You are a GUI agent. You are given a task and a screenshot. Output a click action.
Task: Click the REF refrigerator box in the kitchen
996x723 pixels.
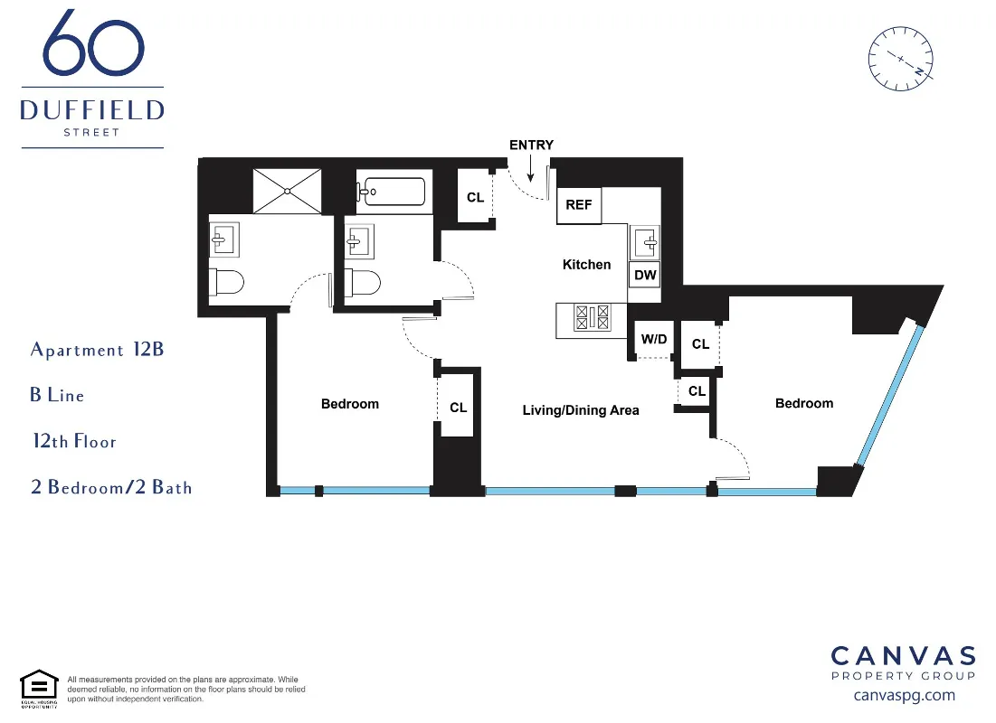[x=579, y=205]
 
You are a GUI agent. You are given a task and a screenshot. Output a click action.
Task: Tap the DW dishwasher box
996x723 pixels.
[x=645, y=275]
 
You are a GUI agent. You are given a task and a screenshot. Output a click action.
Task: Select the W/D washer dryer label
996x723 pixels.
[x=654, y=340]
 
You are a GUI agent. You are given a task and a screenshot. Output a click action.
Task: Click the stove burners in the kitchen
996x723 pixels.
[x=593, y=317]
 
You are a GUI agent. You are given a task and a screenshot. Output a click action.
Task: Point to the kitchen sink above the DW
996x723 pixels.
[x=646, y=241]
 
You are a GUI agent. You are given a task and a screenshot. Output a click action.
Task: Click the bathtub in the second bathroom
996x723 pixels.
[x=392, y=192]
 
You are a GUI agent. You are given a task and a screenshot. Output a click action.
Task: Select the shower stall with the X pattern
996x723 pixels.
[x=287, y=191]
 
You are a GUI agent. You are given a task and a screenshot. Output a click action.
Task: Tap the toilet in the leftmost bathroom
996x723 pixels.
[x=226, y=282]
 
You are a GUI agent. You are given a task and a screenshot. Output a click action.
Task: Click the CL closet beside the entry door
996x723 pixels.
[x=475, y=197]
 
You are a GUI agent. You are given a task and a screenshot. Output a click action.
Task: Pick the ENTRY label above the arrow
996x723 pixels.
[x=531, y=145]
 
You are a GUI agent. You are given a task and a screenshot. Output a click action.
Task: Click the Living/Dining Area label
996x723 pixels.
[x=581, y=410]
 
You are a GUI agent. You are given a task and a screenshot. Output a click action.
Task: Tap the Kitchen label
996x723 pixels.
[x=586, y=265]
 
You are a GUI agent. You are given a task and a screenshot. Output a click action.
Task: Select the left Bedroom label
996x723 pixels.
[x=350, y=404]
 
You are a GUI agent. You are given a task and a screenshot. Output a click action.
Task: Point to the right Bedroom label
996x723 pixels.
[x=803, y=403]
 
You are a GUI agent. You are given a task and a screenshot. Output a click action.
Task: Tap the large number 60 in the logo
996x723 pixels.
[x=93, y=45]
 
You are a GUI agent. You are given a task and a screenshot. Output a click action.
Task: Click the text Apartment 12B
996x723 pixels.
[x=97, y=350]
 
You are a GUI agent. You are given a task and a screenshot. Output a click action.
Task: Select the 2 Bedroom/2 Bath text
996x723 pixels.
[x=111, y=488]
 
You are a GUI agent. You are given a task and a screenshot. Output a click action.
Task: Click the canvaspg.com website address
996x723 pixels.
[x=904, y=695]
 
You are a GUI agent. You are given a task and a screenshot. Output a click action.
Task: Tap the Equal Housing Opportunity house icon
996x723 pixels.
[x=39, y=687]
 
